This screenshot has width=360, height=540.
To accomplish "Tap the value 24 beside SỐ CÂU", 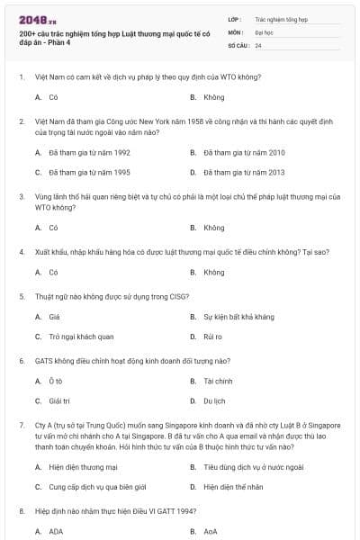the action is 258,44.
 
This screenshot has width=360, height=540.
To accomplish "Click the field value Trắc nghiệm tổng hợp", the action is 281,19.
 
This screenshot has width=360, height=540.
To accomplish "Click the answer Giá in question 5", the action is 55,317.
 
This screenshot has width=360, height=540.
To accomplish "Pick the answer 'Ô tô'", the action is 56,382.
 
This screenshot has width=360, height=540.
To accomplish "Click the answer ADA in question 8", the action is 56,532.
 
